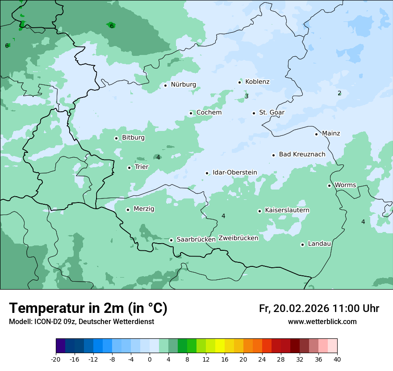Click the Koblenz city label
point(257,82)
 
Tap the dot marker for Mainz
point(316,134)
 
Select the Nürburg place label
point(183,84)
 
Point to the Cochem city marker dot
point(191,113)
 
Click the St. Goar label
point(272,113)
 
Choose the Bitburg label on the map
point(133,138)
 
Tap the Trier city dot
point(129,168)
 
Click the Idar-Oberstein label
point(234,173)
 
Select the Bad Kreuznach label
point(302,154)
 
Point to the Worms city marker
point(329,185)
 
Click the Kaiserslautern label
point(287,210)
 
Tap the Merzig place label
point(144,209)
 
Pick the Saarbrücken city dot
point(171,240)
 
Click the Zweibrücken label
point(238,238)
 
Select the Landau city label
point(319,244)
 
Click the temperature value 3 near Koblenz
point(247,97)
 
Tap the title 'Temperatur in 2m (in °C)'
point(88,308)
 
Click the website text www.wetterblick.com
point(322,322)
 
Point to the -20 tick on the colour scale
point(56,359)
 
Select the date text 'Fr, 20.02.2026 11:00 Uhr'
point(319,308)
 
